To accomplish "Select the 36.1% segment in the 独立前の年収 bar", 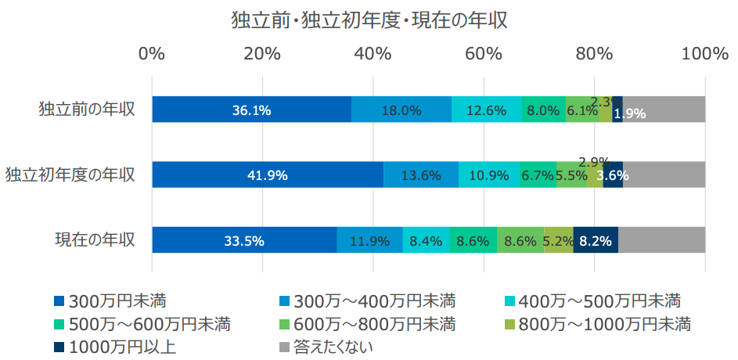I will (x=251, y=110).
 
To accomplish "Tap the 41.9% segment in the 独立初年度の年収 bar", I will (x=268, y=175).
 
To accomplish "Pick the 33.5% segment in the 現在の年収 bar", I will (x=243, y=240).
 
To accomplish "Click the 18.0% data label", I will (x=401, y=110).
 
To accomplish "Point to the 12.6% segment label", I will (x=485, y=110).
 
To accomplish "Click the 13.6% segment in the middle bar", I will (x=420, y=175).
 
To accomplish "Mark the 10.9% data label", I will (x=488, y=175).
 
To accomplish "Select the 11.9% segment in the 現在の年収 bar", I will (x=369, y=240).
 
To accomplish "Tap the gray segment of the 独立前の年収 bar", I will (x=664, y=110).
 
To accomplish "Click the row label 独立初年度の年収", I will (x=70, y=174).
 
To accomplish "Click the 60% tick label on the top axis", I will (x=484, y=54).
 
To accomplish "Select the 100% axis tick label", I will (x=704, y=54).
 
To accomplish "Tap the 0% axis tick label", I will (x=152, y=54).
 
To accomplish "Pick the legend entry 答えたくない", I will (x=333, y=347).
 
